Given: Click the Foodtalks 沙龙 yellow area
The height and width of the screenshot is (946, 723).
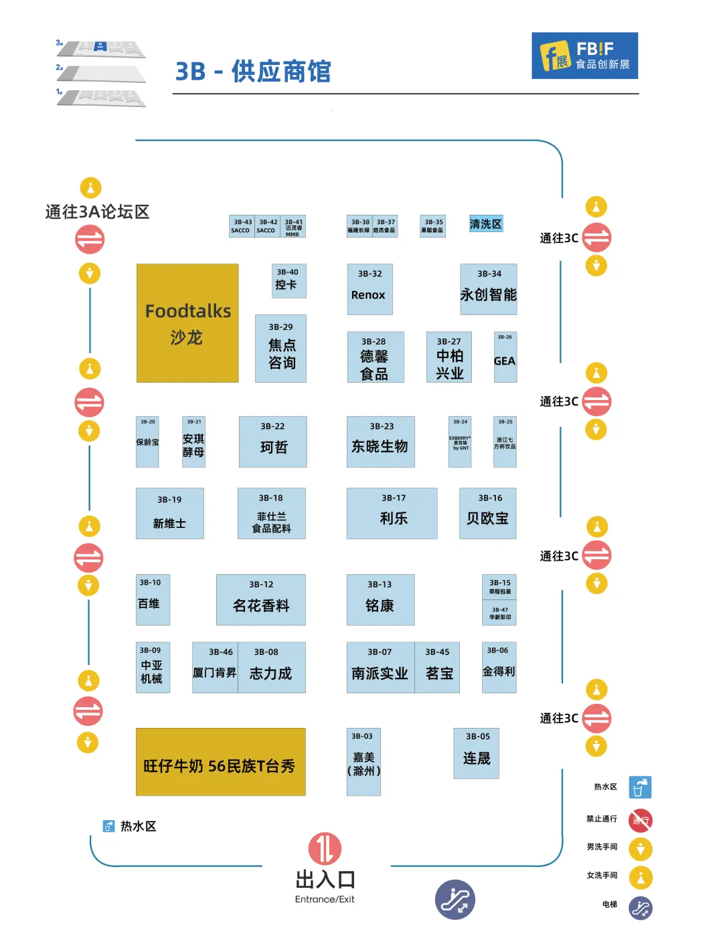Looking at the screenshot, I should coord(187,323).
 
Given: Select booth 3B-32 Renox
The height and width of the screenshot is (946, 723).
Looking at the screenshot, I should coord(370,289).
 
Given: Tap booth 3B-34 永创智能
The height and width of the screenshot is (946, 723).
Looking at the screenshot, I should coord(489,289).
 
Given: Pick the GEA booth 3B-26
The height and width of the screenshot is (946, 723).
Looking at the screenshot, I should coord(505,357).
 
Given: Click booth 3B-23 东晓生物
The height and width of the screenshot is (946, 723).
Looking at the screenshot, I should coord(380,442).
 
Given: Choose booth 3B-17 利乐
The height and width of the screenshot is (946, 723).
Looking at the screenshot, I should coord(392,513).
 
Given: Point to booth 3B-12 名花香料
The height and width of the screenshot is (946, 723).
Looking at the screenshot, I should coord(261,599).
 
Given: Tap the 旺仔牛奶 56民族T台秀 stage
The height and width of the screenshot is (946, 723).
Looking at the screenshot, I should coord(220,762).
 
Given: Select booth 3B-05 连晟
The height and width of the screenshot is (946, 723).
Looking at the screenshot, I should coord(476,753).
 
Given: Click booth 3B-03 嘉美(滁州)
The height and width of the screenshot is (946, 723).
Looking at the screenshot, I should coord(364,762).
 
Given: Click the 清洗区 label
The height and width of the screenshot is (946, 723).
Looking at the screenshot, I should coord(485,224).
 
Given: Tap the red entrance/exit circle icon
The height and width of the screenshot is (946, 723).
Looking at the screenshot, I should coord(325,848).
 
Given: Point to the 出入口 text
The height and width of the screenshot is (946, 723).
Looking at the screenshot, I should coord(325,879).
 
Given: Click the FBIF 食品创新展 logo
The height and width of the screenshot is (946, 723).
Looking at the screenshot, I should coord(584,56).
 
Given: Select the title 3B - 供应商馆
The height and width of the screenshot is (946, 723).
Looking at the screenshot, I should coord(253,72).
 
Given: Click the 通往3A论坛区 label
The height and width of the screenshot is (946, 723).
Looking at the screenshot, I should coord(97,212).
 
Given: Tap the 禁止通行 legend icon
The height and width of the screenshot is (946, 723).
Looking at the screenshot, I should coord(641,820).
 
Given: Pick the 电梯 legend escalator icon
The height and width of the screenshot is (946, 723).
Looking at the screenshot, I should coord(641,908).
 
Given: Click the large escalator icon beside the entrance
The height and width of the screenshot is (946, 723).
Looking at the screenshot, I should coord(455,899).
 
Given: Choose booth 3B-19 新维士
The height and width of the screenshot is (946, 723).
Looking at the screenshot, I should coord(170,513).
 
